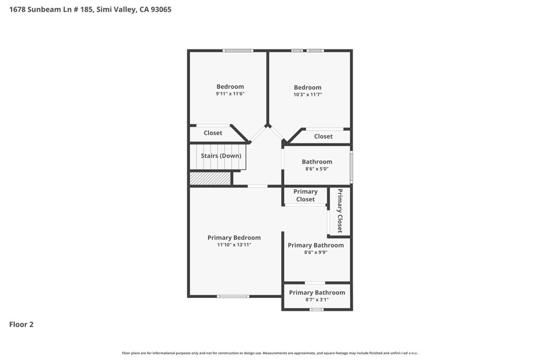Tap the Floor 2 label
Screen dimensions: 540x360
(21, 324)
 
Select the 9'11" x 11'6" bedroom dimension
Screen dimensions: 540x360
(230, 94)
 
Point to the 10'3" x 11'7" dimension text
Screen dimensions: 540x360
(307, 94)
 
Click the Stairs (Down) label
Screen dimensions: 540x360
(221, 155)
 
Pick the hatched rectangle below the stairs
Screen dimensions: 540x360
(210, 178)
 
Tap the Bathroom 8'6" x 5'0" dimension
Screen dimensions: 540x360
(317, 169)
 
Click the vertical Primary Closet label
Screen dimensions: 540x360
(340, 211)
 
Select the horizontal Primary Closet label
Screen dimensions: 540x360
(305, 195)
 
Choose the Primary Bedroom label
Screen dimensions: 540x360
(234, 238)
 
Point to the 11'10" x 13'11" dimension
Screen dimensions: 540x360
(234, 245)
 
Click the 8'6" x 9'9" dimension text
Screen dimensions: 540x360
(316, 252)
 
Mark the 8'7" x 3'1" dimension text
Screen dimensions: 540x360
(317, 300)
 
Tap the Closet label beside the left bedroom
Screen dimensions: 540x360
(213, 133)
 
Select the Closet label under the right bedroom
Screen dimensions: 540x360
(323, 137)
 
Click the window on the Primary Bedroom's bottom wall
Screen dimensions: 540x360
(233, 296)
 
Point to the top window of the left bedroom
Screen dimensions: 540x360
(238, 51)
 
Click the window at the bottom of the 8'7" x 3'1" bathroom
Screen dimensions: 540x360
(316, 310)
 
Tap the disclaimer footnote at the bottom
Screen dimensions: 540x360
(270, 353)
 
